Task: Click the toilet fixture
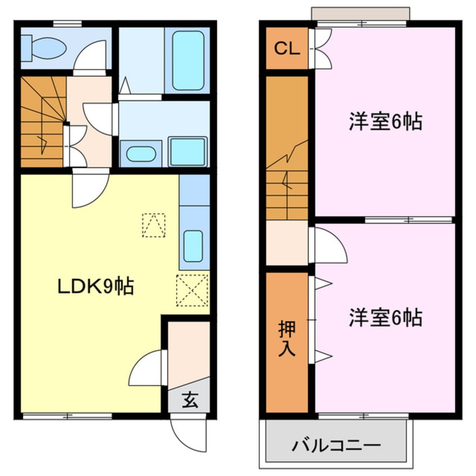[42, 47]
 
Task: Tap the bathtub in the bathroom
[188, 60]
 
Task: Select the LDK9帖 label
[95, 287]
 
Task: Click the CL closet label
[286, 48]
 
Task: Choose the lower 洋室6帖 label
[385, 318]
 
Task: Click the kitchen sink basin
[193, 246]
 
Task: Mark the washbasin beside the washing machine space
[141, 154]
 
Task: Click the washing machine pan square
[187, 151]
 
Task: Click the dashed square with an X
[192, 290]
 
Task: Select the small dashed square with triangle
[154, 224]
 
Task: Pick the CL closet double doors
[322, 48]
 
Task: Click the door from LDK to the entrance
[148, 368]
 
